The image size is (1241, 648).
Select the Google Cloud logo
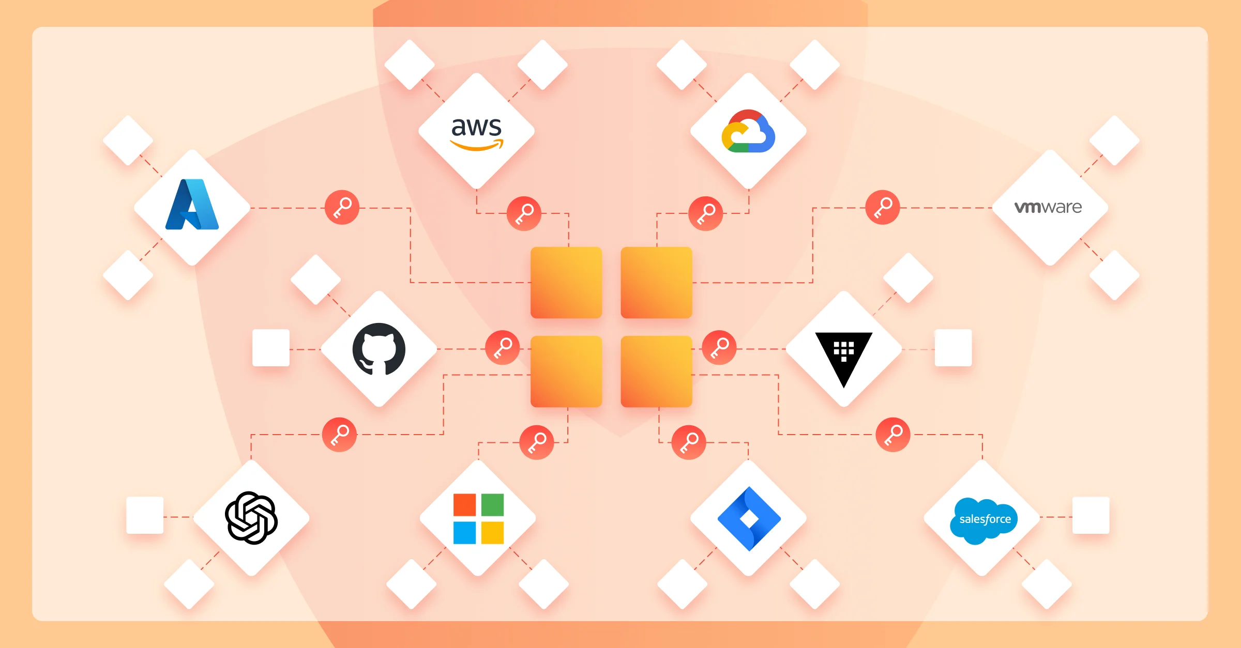748,131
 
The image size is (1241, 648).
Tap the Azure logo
192,204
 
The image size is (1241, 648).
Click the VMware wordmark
1048,207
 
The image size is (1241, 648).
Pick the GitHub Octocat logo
379,349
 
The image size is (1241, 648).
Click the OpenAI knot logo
251,518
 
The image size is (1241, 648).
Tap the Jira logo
749,519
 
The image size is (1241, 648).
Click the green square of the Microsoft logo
492,505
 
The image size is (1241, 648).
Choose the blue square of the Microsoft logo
464,533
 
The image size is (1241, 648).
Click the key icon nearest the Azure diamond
342,208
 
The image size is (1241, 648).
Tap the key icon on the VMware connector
883,208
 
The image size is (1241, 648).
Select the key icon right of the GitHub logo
503,348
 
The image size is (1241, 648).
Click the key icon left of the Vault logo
719,348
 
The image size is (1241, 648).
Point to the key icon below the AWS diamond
524,213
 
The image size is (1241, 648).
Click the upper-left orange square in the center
566,283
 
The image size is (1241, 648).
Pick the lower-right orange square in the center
657,372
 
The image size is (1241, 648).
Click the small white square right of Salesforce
1091,515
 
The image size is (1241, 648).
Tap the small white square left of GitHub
271,348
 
